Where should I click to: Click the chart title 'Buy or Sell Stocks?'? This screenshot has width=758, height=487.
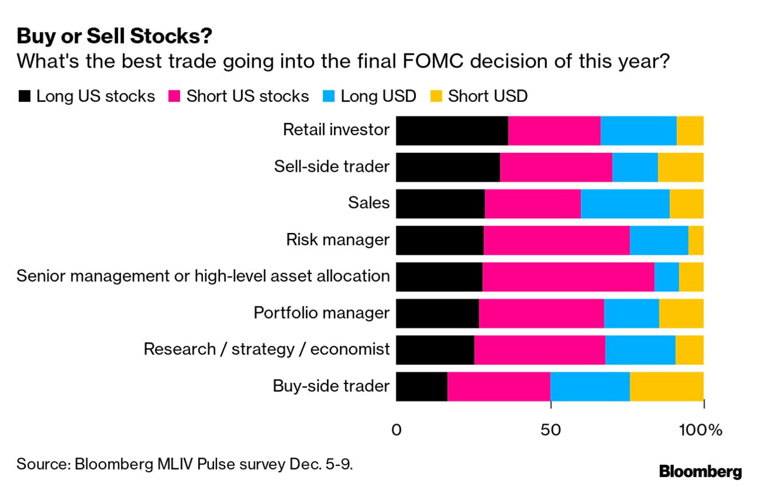coord(115,36)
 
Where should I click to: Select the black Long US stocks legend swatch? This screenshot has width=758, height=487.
coord(24,96)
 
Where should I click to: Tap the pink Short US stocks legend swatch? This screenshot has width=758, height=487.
coord(175,96)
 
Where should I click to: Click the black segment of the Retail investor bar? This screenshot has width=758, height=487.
coord(452,131)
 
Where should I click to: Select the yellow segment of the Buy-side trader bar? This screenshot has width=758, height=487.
coord(666,386)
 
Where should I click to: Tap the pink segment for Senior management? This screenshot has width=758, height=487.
coord(568,276)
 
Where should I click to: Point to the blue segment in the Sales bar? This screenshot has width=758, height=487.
coord(625,204)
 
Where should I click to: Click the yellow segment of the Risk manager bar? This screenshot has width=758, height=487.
coord(696,240)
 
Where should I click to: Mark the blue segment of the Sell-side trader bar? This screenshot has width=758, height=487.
coord(635,167)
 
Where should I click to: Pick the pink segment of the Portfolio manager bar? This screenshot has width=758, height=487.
coord(541,313)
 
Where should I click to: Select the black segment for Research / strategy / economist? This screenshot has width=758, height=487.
coord(435,350)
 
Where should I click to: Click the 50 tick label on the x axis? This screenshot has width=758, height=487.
coord(550,430)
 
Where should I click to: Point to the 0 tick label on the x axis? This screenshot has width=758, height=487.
coord(396,430)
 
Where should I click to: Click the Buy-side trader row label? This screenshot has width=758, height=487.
coord(330,386)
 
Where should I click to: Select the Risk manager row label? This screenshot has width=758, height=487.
coord(338,240)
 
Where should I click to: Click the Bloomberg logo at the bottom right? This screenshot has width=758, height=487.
coord(700,471)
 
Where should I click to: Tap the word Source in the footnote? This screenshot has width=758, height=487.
coord(41,464)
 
